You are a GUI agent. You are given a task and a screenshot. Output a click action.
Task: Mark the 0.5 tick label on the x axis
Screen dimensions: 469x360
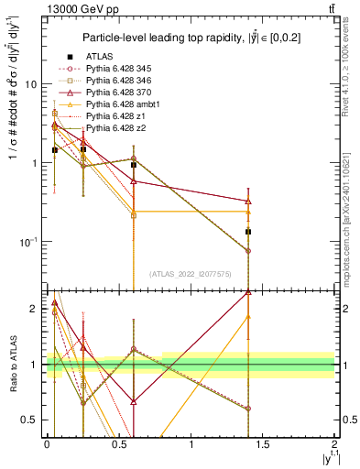click(118, 443)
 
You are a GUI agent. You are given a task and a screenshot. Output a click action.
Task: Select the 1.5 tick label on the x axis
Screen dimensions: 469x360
click(263, 443)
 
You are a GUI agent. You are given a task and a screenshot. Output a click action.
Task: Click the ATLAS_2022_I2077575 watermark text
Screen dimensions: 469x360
click(191, 273)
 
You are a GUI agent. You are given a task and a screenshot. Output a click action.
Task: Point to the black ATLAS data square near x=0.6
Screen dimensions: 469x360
click(134, 165)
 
